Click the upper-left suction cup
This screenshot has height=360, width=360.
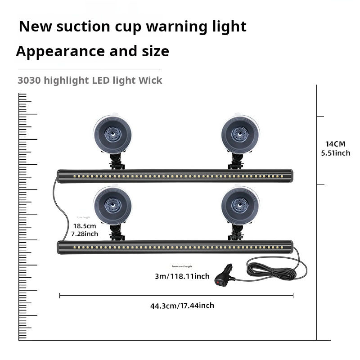tap(112, 133)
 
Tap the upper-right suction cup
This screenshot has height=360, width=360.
tap(240, 133)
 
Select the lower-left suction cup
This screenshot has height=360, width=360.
tap(112, 205)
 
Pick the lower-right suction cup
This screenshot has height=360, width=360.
tap(240, 205)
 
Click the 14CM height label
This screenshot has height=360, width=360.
tap(335, 144)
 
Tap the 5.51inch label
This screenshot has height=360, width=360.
tap(335, 153)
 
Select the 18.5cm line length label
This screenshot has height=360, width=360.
tap(85, 225)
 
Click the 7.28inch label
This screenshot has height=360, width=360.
tap(85, 234)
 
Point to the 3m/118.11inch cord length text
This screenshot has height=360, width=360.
tap(182, 276)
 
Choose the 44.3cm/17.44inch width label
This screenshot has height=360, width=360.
tap(182, 306)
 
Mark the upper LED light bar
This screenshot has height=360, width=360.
tap(175, 175)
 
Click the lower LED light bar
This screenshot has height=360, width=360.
tap(175, 247)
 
